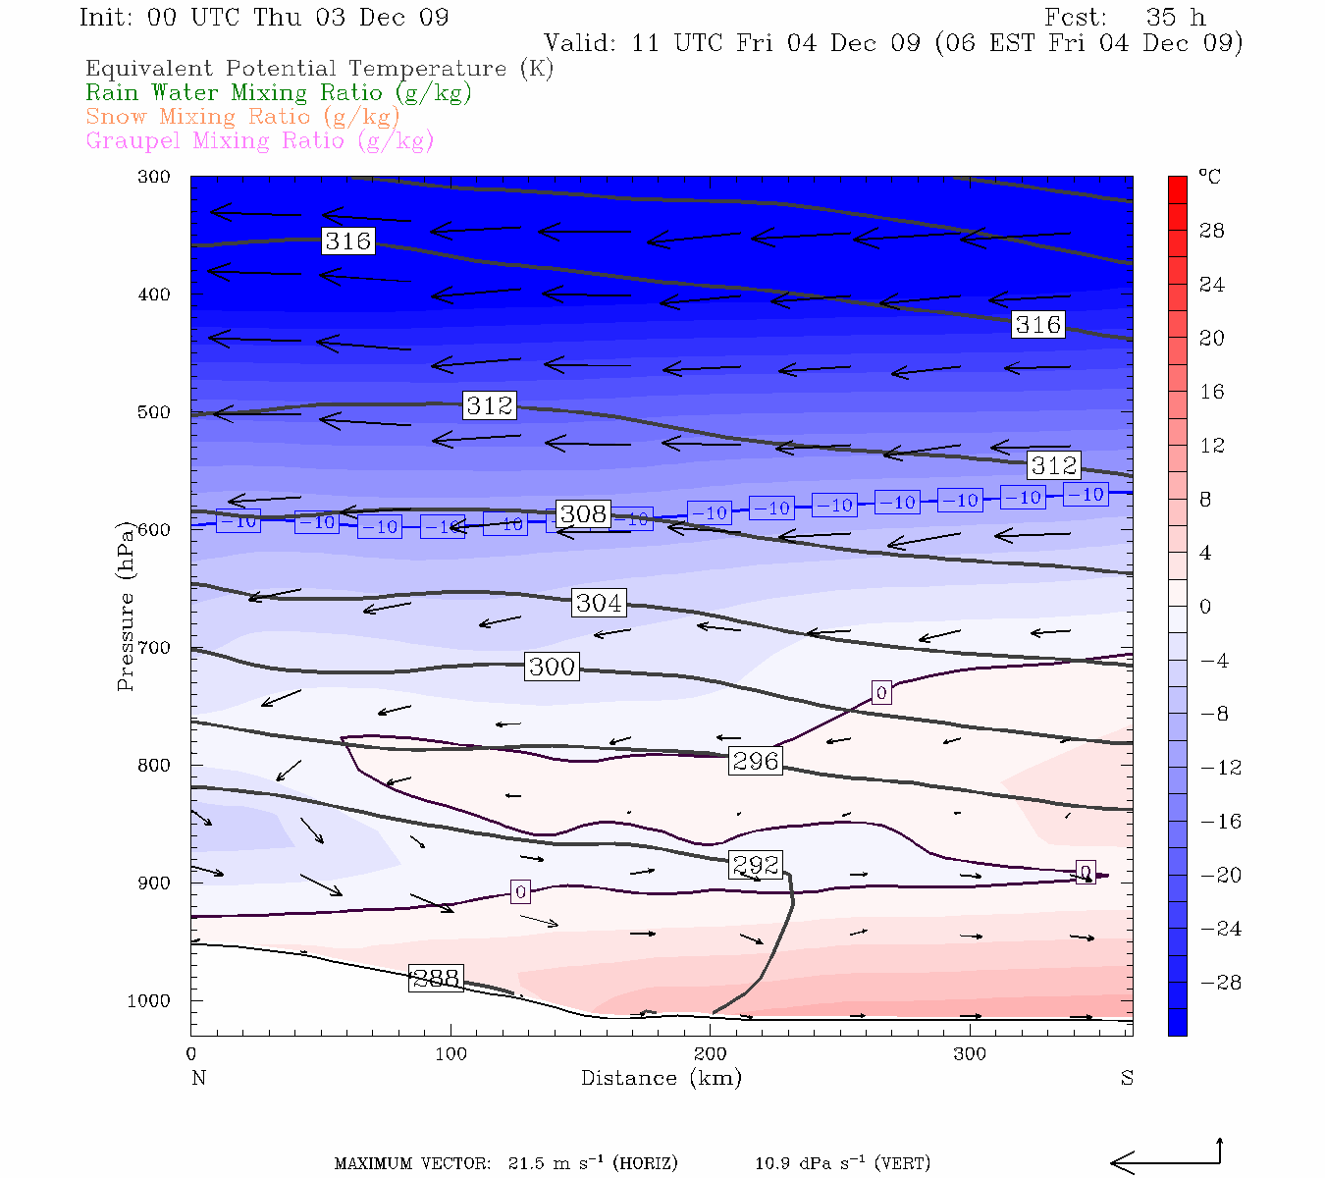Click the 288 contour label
click(436, 978)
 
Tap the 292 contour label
click(756, 865)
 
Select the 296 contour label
click(756, 761)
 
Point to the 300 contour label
click(552, 667)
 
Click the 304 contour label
click(599, 603)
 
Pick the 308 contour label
click(583, 513)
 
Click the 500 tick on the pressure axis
click(154, 412)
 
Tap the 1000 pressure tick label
click(148, 1000)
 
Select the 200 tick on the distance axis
click(711, 1054)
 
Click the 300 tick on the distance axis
click(970, 1054)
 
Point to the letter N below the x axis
click(198, 1078)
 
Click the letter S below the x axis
click(1127, 1078)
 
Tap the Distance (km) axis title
click(662, 1078)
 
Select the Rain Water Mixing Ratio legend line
click(279, 93)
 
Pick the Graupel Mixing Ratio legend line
click(260, 141)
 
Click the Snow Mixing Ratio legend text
click(242, 117)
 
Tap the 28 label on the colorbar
click(1212, 231)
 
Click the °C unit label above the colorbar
click(1209, 177)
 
